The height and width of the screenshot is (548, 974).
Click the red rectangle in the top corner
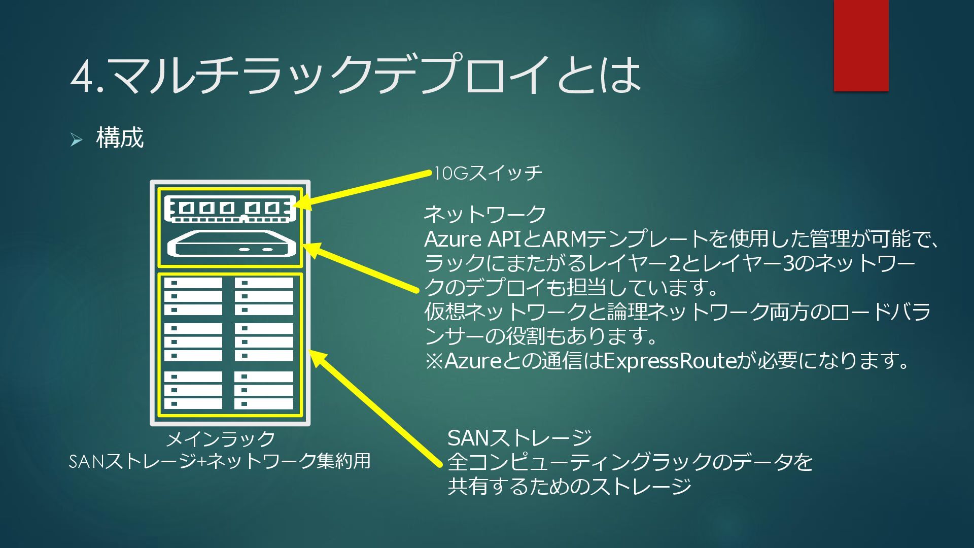(861, 46)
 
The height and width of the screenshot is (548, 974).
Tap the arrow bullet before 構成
(76, 139)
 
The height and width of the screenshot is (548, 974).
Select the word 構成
(120, 138)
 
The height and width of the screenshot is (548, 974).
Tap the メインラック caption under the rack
(221, 439)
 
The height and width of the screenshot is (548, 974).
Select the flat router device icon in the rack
(231, 245)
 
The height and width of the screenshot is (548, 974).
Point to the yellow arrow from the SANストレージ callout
(375, 408)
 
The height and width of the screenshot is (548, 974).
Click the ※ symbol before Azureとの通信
(434, 361)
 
